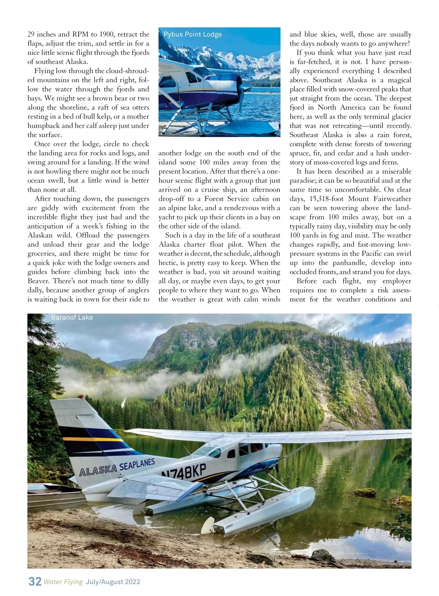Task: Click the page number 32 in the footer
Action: pyautogui.click(x=35, y=581)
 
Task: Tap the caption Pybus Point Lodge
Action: pyautogui.click(x=192, y=34)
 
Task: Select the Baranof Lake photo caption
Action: pyautogui.click(x=72, y=318)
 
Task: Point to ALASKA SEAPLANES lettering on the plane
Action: pyautogui.click(x=117, y=467)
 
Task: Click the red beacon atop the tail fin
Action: pyautogui.click(x=80, y=396)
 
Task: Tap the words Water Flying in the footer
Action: pyautogui.click(x=63, y=582)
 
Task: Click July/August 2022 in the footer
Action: pyautogui.click(x=113, y=582)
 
